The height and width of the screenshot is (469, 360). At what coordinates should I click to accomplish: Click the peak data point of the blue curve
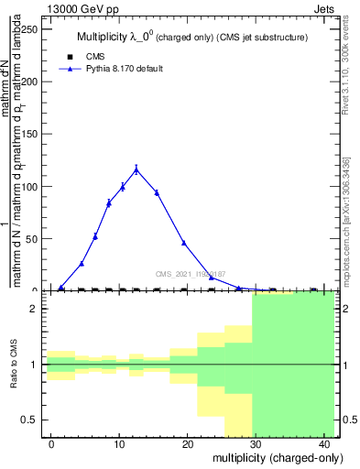(136, 169)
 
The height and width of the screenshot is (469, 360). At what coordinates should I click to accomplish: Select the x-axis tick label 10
(119, 443)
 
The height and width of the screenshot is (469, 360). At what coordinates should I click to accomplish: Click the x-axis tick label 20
(187, 443)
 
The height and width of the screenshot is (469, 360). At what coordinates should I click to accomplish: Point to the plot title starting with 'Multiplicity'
(191, 38)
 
